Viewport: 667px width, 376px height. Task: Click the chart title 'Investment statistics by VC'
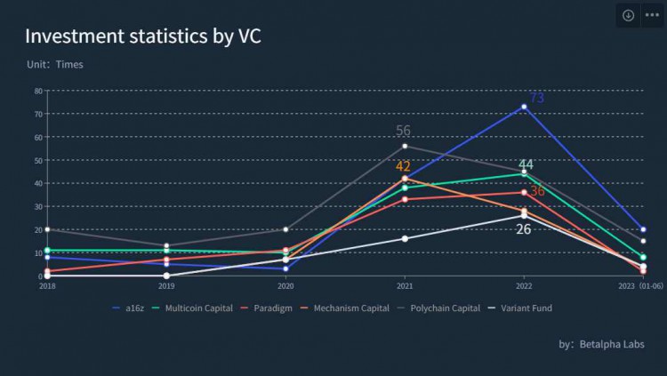click(142, 36)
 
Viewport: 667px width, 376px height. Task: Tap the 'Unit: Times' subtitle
click(55, 65)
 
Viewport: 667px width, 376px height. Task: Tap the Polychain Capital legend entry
click(439, 308)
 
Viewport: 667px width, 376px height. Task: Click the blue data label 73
click(536, 98)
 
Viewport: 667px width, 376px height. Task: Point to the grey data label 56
click(404, 132)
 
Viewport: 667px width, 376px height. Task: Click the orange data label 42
click(403, 166)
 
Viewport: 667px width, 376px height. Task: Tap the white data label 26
click(524, 229)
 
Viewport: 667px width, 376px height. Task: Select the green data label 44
click(526, 164)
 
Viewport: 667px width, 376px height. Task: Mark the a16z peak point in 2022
click(524, 107)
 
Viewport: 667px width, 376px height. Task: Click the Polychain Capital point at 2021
click(405, 146)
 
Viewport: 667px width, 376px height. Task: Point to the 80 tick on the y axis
click(39, 91)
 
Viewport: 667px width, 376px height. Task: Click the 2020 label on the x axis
click(285, 286)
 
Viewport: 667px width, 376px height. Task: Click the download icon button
click(628, 15)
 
